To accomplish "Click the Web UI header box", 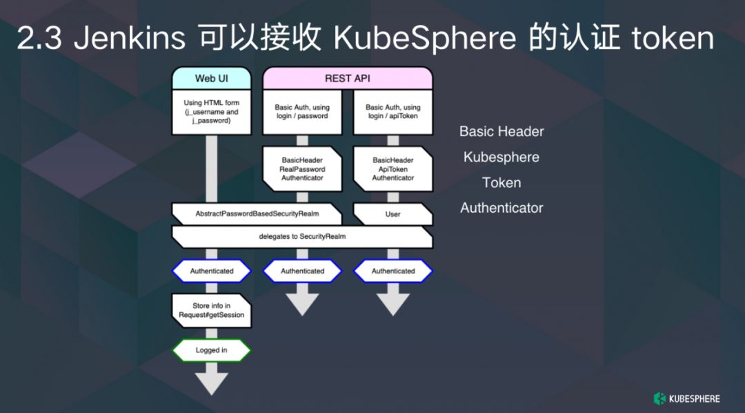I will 211,78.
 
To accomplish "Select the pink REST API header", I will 347,78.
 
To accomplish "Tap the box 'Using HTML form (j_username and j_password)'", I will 211,112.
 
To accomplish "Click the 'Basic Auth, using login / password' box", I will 301,112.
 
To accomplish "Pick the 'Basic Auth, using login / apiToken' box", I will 393,112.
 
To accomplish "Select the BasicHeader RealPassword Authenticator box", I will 301,169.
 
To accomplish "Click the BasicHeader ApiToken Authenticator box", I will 393,169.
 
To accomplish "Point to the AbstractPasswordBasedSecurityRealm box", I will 257,214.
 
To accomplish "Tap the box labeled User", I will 393,214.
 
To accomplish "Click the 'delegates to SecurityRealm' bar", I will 302,236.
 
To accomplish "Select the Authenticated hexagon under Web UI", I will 211,271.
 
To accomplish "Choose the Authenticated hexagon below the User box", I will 393,271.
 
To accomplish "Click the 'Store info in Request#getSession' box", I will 211,310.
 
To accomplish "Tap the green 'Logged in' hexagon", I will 211,350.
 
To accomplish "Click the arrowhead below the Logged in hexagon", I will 211,382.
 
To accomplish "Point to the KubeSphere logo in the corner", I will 686,398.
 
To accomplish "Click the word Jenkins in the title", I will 129,39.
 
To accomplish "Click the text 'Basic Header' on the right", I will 501,131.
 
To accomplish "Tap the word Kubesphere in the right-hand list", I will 501,157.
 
